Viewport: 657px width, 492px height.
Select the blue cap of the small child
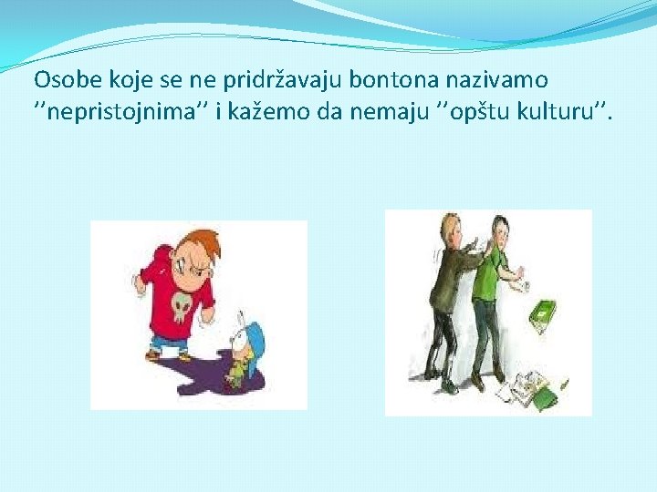tap(255, 338)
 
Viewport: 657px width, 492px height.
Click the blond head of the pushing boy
tap(450, 226)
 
